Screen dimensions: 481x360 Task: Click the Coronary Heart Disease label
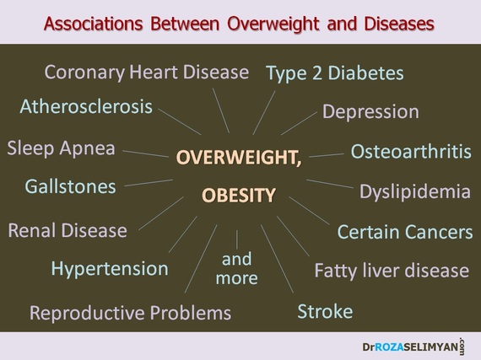[147, 73]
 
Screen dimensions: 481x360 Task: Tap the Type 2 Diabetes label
[335, 74]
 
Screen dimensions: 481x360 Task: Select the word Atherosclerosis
[86, 106]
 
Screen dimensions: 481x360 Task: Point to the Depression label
[370, 112]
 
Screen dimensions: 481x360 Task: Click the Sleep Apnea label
[61, 149]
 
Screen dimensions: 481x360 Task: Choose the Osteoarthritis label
[411, 152]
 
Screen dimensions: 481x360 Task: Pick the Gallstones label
[71, 186]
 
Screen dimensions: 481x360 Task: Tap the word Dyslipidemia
[415, 192]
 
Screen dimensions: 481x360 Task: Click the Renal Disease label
[68, 230]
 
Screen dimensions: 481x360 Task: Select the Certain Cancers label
[405, 232]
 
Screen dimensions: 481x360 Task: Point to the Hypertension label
[110, 269]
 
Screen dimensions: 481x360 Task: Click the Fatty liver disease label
[392, 271]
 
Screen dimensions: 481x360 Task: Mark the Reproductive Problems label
[130, 313]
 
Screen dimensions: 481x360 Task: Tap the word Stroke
[325, 312]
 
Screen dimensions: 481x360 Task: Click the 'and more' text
[237, 269]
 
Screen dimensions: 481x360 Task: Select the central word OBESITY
[239, 195]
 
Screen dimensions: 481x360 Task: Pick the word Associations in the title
[94, 24]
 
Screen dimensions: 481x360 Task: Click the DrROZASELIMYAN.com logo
[413, 347]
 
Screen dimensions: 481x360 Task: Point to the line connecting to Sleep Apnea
[145, 153]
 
